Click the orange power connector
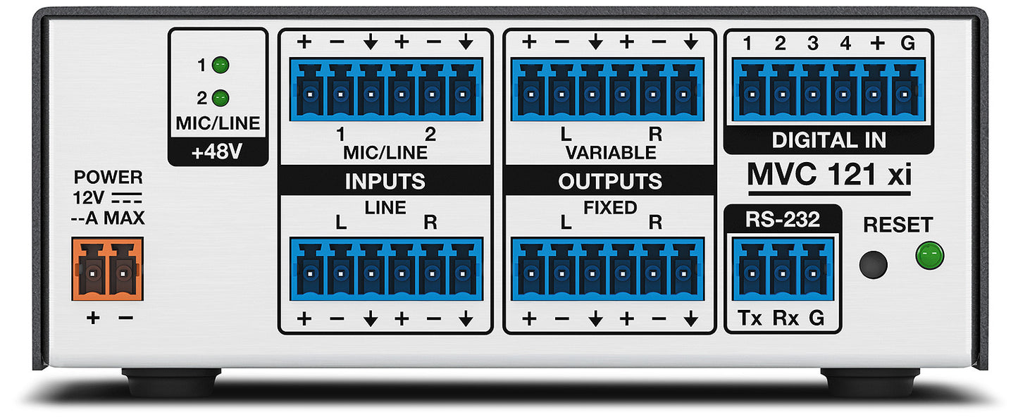click(x=107, y=269)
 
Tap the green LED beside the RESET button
click(x=929, y=255)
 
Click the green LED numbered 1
click(x=221, y=66)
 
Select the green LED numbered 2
click(x=221, y=98)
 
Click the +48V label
click(x=217, y=152)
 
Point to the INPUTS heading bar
click(x=385, y=181)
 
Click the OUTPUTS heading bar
click(x=610, y=181)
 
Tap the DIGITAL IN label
click(x=829, y=140)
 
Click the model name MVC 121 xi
click(x=829, y=174)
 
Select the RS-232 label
click(x=783, y=219)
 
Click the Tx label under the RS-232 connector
click(x=750, y=318)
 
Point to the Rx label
click(x=786, y=318)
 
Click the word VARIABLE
click(x=610, y=153)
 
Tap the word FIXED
click(x=610, y=208)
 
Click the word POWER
click(x=108, y=178)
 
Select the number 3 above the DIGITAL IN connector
click(x=812, y=43)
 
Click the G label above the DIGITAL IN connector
click(x=907, y=43)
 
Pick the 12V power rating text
click(x=89, y=198)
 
